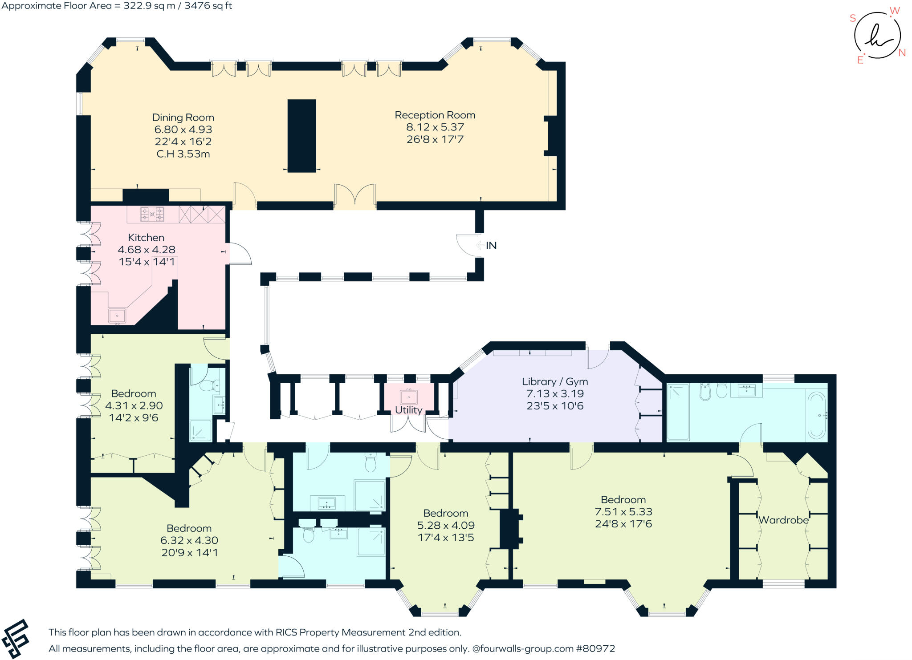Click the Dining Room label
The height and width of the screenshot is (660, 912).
tap(183, 117)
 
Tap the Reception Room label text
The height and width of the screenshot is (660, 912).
tap(435, 115)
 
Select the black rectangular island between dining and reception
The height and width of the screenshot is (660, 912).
tap(301, 135)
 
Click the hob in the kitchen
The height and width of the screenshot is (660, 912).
tap(152, 215)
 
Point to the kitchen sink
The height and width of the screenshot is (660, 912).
tap(118, 316)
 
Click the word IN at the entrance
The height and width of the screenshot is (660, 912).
tap(491, 246)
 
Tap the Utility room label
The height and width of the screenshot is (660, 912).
tap(408, 410)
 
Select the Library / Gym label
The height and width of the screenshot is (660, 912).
tap(555, 381)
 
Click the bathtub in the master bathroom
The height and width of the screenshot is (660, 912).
tap(817, 415)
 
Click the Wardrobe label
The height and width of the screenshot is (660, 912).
tap(783, 520)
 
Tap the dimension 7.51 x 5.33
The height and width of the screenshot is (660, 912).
tap(623, 512)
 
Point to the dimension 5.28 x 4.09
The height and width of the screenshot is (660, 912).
tap(446, 525)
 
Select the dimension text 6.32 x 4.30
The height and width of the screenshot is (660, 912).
tap(189, 540)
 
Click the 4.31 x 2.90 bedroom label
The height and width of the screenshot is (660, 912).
tap(134, 405)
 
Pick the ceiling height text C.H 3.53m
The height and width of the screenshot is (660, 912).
tap(183, 154)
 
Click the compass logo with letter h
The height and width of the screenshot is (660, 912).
tap(877, 36)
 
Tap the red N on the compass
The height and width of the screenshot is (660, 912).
tap(902, 53)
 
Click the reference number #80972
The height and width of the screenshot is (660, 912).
tap(595, 648)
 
